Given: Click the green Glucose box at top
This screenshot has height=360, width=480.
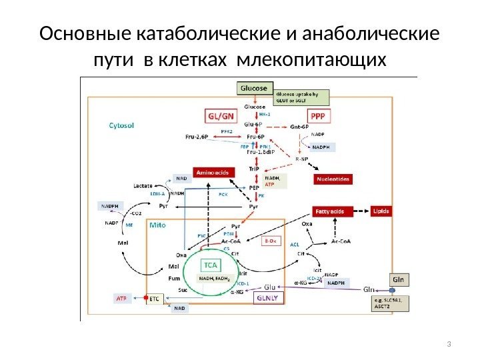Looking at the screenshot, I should [x=253, y=88].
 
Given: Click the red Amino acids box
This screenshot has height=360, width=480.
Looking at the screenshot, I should [x=212, y=173].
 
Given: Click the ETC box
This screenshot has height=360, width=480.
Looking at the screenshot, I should [x=155, y=300].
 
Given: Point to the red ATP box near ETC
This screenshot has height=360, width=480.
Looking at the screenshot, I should [x=121, y=299].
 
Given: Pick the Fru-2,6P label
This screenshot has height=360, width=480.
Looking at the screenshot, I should [x=198, y=137].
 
